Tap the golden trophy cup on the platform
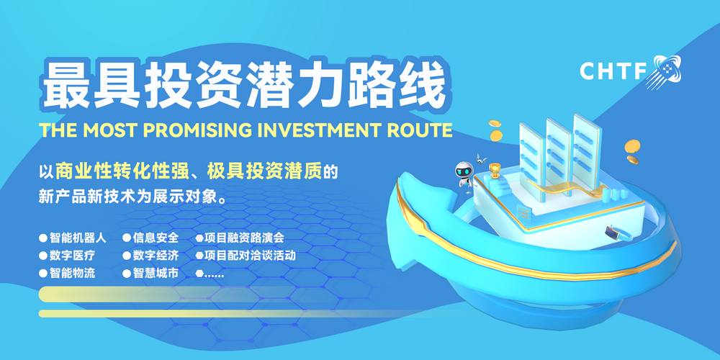click(x=495, y=171)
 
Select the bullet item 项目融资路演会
click(x=244, y=237)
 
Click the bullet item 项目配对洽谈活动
click(x=250, y=255)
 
